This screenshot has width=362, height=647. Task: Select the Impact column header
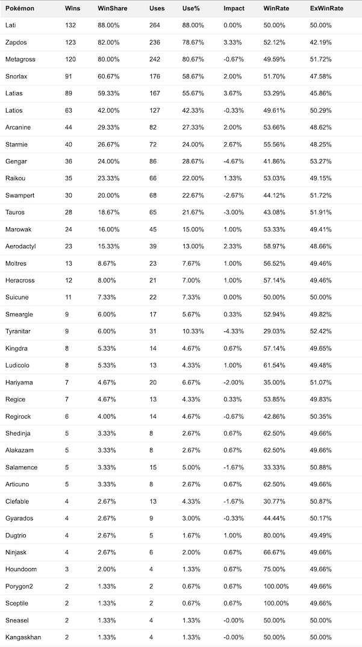(x=234, y=9)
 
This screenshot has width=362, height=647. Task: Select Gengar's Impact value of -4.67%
(x=235, y=161)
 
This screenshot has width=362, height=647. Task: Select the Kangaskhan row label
(x=23, y=637)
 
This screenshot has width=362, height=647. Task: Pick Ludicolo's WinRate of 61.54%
(x=275, y=365)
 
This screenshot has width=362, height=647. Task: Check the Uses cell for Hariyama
(x=154, y=382)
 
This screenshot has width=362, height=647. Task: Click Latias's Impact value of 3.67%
(x=233, y=93)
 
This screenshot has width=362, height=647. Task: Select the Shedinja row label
(x=18, y=433)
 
